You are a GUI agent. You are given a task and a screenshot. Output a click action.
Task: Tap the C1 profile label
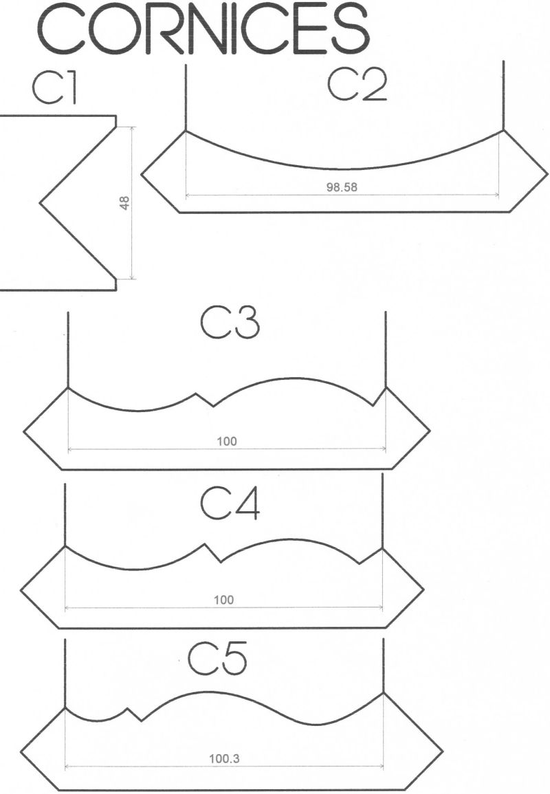click(54, 87)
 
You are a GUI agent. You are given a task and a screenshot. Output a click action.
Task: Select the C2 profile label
click(357, 84)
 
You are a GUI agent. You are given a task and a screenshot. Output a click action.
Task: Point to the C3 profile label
click(230, 323)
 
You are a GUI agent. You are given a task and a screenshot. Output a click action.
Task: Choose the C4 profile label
click(230, 504)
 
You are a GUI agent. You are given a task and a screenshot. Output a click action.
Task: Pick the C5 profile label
click(217, 658)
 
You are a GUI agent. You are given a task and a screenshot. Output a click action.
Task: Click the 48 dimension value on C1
click(124, 202)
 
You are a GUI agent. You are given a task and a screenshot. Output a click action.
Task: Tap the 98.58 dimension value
click(342, 187)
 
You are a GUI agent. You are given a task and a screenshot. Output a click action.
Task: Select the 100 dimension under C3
click(227, 442)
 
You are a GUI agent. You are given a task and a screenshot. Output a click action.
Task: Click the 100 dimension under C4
click(223, 600)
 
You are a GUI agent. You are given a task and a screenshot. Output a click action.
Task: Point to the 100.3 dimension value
click(224, 758)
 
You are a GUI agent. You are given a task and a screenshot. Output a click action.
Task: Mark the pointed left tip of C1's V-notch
click(40, 203)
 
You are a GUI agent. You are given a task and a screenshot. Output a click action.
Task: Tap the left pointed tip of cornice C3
click(24, 432)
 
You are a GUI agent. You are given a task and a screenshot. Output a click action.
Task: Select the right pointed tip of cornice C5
click(443, 751)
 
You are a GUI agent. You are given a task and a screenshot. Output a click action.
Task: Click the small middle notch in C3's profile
click(205, 399)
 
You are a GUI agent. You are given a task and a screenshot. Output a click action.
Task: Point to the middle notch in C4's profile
click(213, 553)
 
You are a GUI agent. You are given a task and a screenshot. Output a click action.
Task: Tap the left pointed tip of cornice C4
click(21, 590)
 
